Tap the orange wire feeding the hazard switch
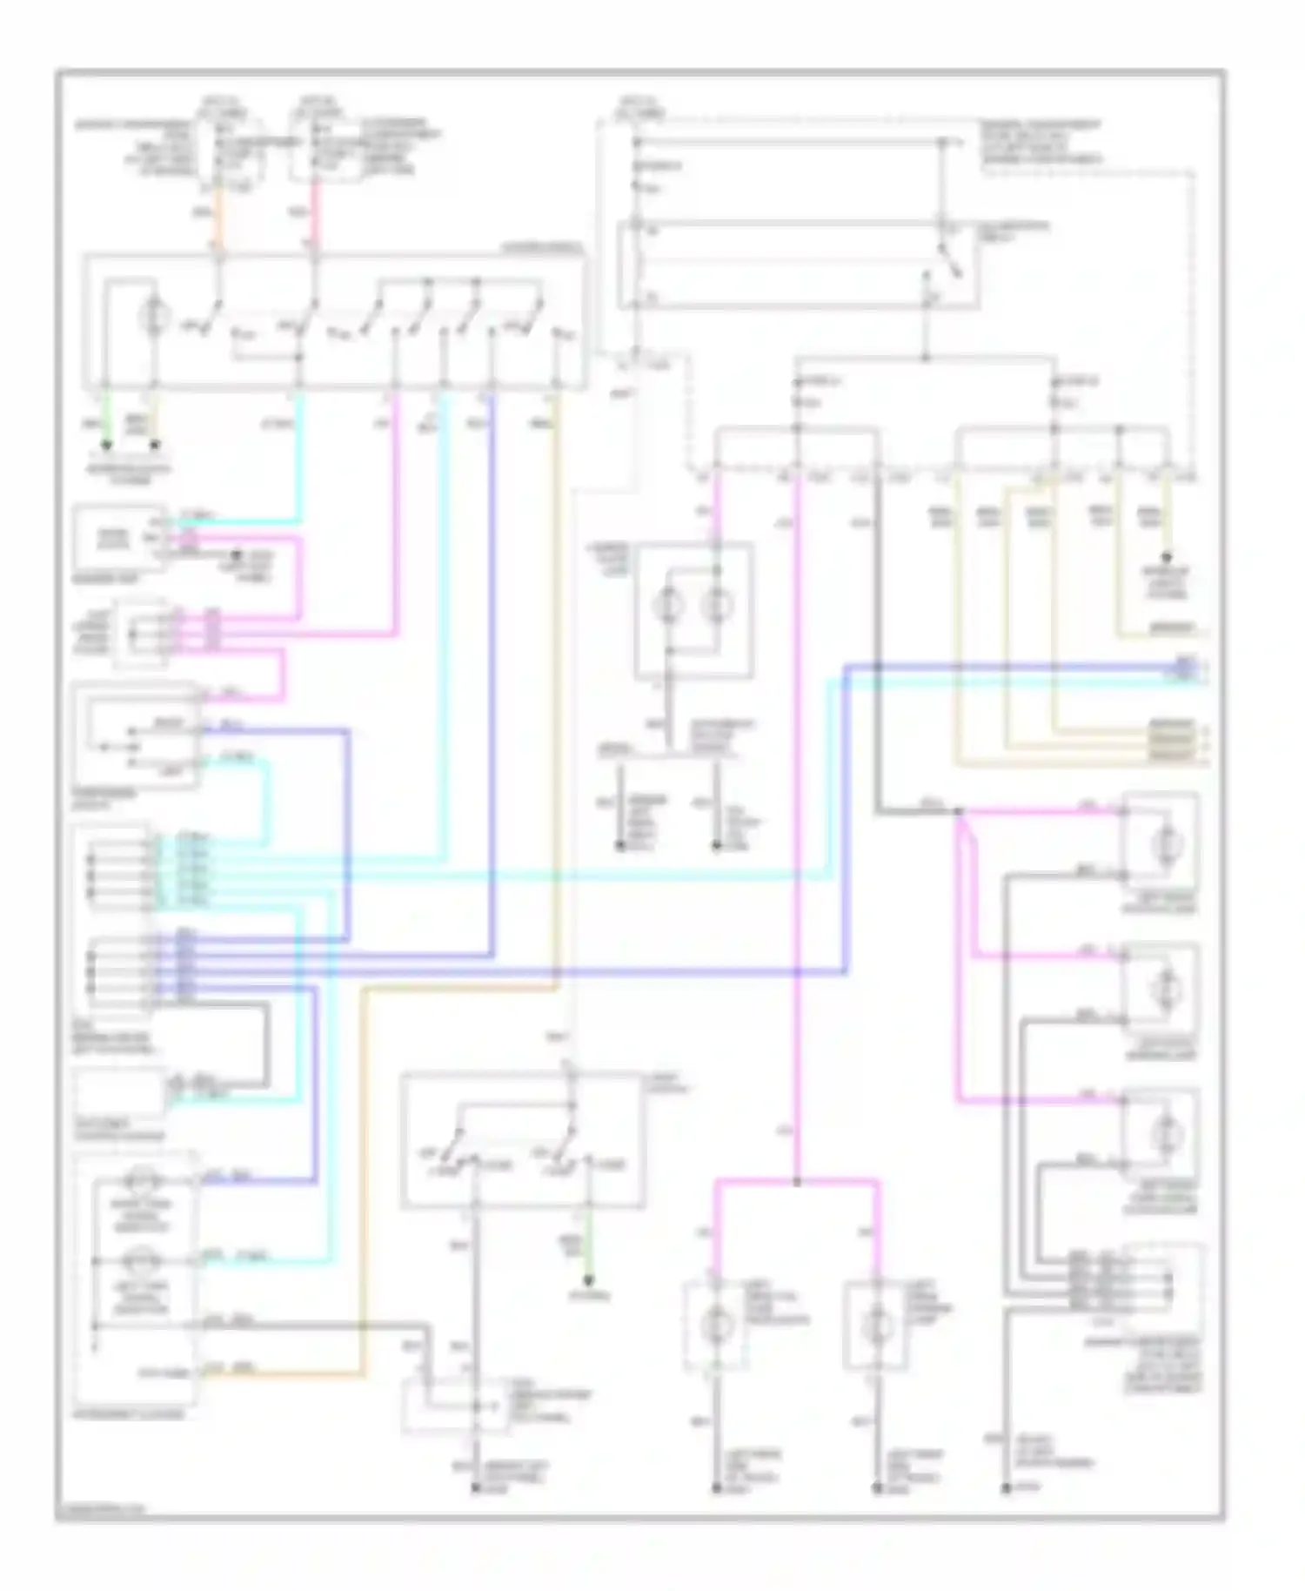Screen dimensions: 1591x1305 click(218, 222)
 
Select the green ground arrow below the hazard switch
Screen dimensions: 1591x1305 click(107, 445)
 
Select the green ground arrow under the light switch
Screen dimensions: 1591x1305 click(589, 1279)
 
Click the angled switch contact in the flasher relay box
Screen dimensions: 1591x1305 click(948, 259)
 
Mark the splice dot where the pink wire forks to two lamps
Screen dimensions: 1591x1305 click(797, 1182)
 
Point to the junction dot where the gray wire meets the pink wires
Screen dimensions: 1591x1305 click(959, 812)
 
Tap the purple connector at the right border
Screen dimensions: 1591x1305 click(1186, 668)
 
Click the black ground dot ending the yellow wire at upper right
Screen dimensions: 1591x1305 click(1167, 557)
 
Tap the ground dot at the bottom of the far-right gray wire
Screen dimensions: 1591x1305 click(1006, 1489)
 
